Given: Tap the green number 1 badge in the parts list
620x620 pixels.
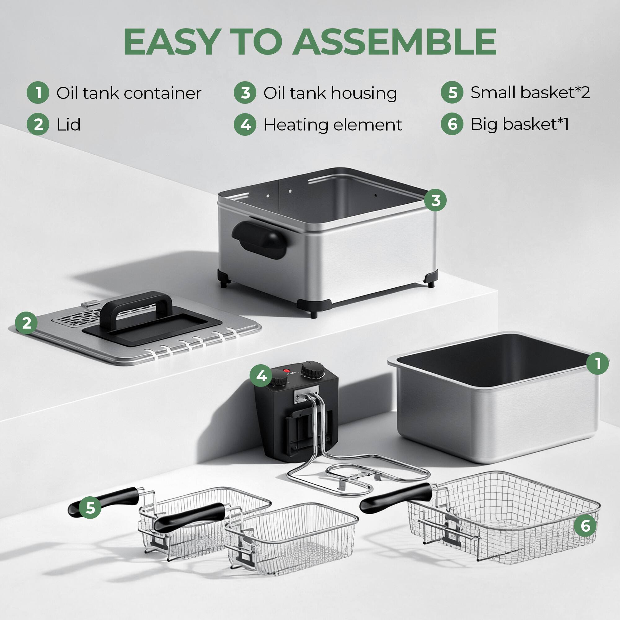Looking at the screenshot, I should (x=38, y=93).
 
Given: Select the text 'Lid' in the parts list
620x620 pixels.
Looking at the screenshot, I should (x=68, y=125).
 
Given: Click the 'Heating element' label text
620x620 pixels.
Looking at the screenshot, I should (x=332, y=125).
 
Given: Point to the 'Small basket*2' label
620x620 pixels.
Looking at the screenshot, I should (x=530, y=92).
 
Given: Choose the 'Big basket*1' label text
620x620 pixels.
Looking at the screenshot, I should (x=519, y=124).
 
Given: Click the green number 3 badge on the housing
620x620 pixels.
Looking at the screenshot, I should (x=435, y=200).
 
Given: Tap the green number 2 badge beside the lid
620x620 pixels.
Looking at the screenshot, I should (x=26, y=322).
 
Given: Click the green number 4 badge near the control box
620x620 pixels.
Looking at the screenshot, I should (x=261, y=375).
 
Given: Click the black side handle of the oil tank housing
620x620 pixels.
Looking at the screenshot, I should (x=259, y=239).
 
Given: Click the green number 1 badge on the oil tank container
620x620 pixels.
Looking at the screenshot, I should (x=597, y=364).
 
